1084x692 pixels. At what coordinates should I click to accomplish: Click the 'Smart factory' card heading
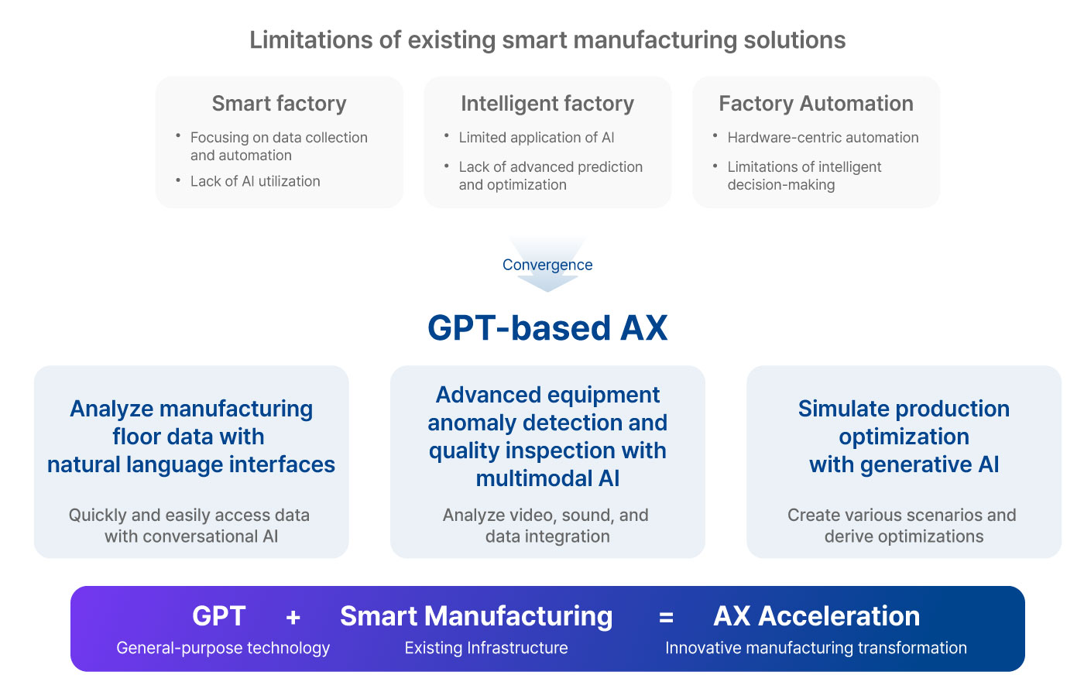(280, 104)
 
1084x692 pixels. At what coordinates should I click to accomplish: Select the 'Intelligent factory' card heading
(547, 104)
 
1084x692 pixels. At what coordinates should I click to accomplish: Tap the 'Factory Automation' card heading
(816, 104)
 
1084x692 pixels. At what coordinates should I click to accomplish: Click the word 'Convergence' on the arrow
(547, 265)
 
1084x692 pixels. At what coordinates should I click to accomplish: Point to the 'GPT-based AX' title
(548, 328)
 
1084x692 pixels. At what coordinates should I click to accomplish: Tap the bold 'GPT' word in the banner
(218, 616)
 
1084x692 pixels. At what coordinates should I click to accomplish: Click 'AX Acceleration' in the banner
(816, 616)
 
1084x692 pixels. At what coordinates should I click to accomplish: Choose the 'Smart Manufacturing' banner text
(476, 616)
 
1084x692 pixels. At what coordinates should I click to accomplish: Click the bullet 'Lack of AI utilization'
(255, 181)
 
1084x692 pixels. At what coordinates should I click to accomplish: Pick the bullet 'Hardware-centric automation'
(822, 138)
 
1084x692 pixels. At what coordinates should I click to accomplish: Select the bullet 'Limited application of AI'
(536, 138)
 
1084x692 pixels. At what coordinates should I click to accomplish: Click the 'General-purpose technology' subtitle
(223, 647)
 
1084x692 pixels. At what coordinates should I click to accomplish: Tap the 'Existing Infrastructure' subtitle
(486, 647)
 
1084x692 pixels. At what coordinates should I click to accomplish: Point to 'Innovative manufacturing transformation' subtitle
(816, 647)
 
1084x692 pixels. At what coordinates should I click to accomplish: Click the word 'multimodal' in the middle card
(533, 478)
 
